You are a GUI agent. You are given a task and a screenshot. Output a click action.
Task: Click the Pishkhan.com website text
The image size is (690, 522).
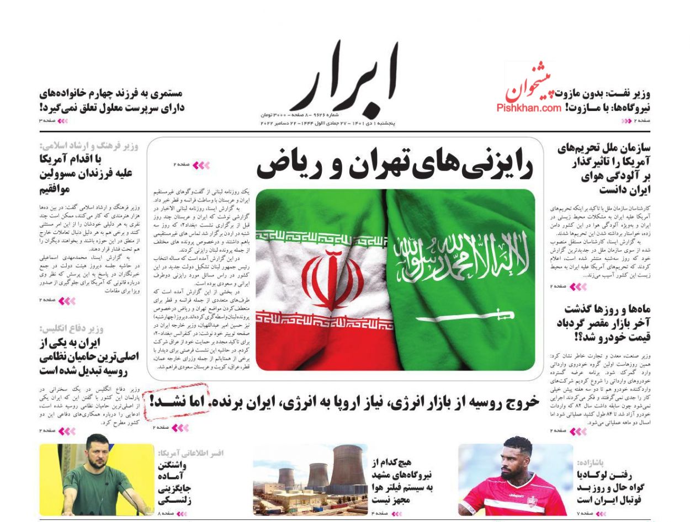tap(528, 108)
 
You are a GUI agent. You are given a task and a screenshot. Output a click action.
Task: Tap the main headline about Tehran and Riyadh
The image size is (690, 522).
tap(394, 164)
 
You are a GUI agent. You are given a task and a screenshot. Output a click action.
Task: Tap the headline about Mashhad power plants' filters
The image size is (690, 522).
tap(401, 481)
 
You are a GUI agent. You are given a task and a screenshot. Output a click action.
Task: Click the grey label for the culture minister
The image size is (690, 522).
tap(89, 146)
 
